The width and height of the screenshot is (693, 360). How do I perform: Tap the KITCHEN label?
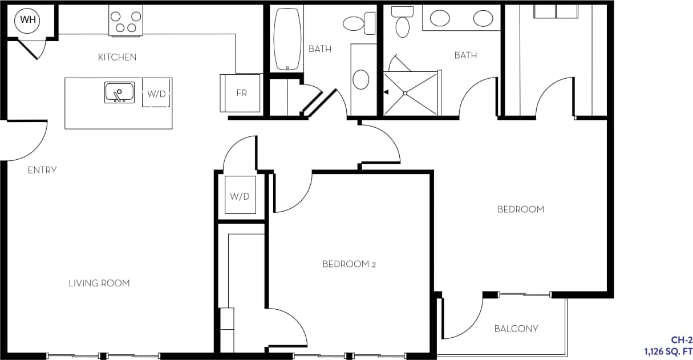click(117, 57)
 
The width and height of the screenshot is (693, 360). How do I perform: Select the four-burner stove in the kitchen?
click(125, 22)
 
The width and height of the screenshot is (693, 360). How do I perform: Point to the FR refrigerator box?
click(241, 93)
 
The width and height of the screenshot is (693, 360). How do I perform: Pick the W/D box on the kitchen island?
click(156, 94)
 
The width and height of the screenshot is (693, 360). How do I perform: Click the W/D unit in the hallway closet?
click(240, 196)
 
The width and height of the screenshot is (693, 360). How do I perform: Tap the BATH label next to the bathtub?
click(319, 49)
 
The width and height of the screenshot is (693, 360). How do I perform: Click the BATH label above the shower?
click(465, 55)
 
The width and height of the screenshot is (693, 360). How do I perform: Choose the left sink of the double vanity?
click(439, 19)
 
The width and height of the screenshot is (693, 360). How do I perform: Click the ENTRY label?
click(42, 170)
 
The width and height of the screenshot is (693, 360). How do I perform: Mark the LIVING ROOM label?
click(99, 283)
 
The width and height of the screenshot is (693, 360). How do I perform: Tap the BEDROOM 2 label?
click(349, 264)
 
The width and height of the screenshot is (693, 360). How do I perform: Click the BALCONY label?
click(516, 329)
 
